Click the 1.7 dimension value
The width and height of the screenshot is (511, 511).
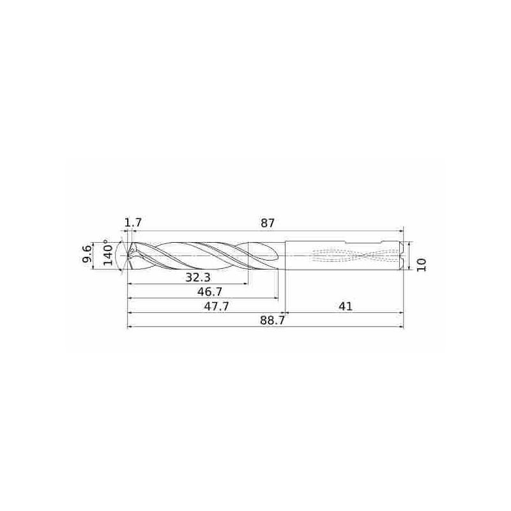pyautogui.click(x=133, y=222)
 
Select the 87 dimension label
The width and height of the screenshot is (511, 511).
pyautogui.click(x=268, y=223)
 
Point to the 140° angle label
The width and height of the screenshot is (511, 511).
pyautogui.click(x=108, y=252)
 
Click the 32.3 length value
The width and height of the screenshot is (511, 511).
pyautogui.click(x=199, y=277)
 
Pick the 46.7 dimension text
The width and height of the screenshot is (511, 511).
pyautogui.click(x=210, y=292)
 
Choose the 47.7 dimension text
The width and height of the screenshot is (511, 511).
pyautogui.click(x=217, y=306)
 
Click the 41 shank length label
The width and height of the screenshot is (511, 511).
pyautogui.click(x=346, y=306)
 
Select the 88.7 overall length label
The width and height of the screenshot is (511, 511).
pyautogui.click(x=273, y=321)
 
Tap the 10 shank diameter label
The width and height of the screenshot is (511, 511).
pyautogui.click(x=421, y=264)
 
